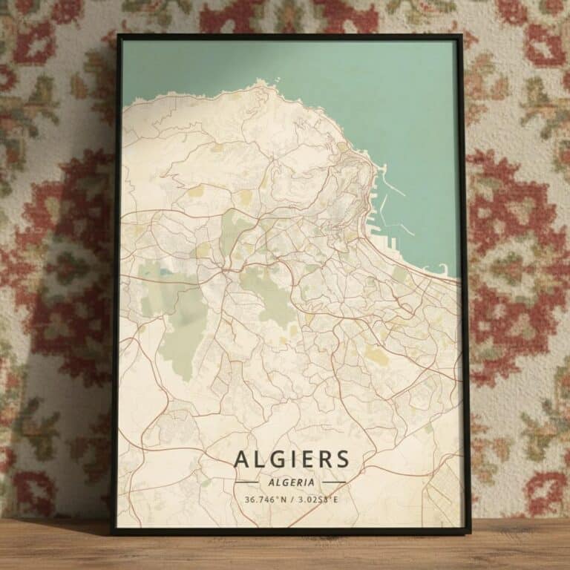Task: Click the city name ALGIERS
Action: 291,459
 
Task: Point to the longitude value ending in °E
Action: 318,499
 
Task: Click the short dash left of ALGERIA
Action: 246,482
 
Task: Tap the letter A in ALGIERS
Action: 242,459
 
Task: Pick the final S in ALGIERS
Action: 341,459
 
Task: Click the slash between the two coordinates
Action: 292,499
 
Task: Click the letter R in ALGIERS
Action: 325,459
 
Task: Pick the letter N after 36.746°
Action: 283,499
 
